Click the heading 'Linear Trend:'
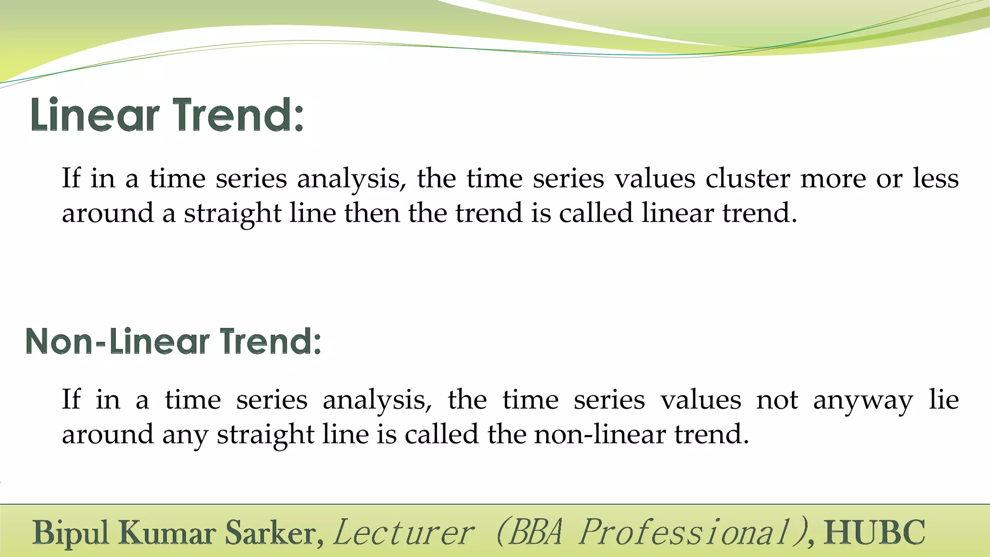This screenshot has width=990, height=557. pyautogui.click(x=167, y=115)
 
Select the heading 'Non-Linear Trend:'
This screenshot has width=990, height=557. pyautogui.click(x=173, y=341)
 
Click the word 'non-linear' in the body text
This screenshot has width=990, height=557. pyautogui.click(x=600, y=434)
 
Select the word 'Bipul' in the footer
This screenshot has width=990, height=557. pyautogui.click(x=71, y=533)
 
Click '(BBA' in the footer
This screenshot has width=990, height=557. pyautogui.click(x=529, y=533)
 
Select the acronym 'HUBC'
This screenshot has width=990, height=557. pyautogui.click(x=874, y=533)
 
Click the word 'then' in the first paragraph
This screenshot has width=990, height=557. pyautogui.click(x=372, y=213)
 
